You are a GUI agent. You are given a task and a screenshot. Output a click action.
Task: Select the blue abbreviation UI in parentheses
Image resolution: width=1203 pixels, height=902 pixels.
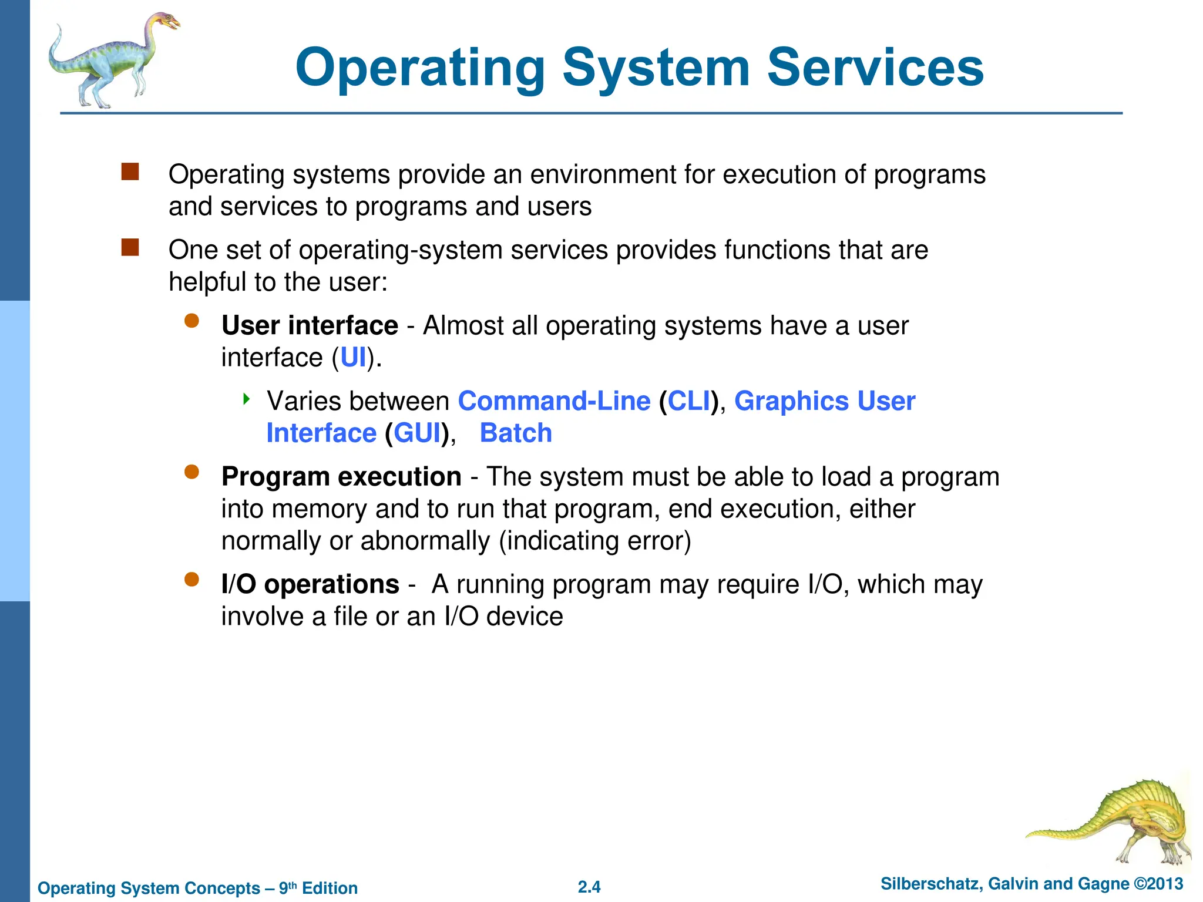353,358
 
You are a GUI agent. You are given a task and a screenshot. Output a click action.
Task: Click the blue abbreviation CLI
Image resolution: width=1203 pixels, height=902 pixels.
688,401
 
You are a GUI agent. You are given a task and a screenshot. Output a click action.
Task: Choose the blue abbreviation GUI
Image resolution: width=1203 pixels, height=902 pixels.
416,433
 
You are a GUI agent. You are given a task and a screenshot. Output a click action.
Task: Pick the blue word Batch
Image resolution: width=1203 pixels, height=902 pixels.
516,433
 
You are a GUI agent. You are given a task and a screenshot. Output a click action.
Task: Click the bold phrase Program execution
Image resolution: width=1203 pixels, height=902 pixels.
341,477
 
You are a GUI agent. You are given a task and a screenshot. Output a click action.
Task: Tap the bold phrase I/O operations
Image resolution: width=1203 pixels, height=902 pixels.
310,584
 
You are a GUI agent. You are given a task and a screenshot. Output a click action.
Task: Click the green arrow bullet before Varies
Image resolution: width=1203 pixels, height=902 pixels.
247,400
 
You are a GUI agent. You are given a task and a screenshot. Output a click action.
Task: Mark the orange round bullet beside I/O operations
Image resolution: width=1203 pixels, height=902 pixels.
191,580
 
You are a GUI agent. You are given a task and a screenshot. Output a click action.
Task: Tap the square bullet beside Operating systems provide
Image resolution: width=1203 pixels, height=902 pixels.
130,172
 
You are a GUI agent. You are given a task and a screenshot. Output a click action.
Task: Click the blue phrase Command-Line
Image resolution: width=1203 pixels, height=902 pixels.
554,401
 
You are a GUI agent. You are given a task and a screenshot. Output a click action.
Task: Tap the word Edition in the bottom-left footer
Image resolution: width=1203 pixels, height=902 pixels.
330,888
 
